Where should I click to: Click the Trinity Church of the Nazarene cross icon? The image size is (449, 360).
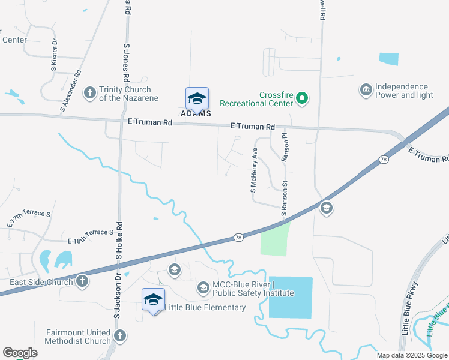pyautogui.click(x=89, y=93)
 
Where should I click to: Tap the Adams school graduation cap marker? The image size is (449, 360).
pyautogui.click(x=197, y=98)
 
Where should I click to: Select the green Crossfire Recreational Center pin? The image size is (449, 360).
pyautogui.click(x=303, y=98)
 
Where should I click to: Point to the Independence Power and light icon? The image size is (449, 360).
pyautogui.click(x=365, y=91)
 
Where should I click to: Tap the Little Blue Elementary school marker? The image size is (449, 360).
pyautogui.click(x=153, y=299)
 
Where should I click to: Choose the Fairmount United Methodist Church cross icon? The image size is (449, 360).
pyautogui.click(x=119, y=336)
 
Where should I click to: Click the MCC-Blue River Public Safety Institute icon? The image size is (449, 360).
pyautogui.click(x=203, y=289)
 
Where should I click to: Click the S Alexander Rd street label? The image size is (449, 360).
pyautogui.click(x=71, y=92)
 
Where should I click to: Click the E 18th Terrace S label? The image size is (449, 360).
pyautogui.click(x=90, y=236)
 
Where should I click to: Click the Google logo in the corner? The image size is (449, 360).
pyautogui.click(x=20, y=353)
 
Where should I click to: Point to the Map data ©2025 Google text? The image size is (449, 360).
pyautogui.click(x=411, y=355)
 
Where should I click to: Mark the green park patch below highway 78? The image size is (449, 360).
pyautogui.click(x=275, y=238)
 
